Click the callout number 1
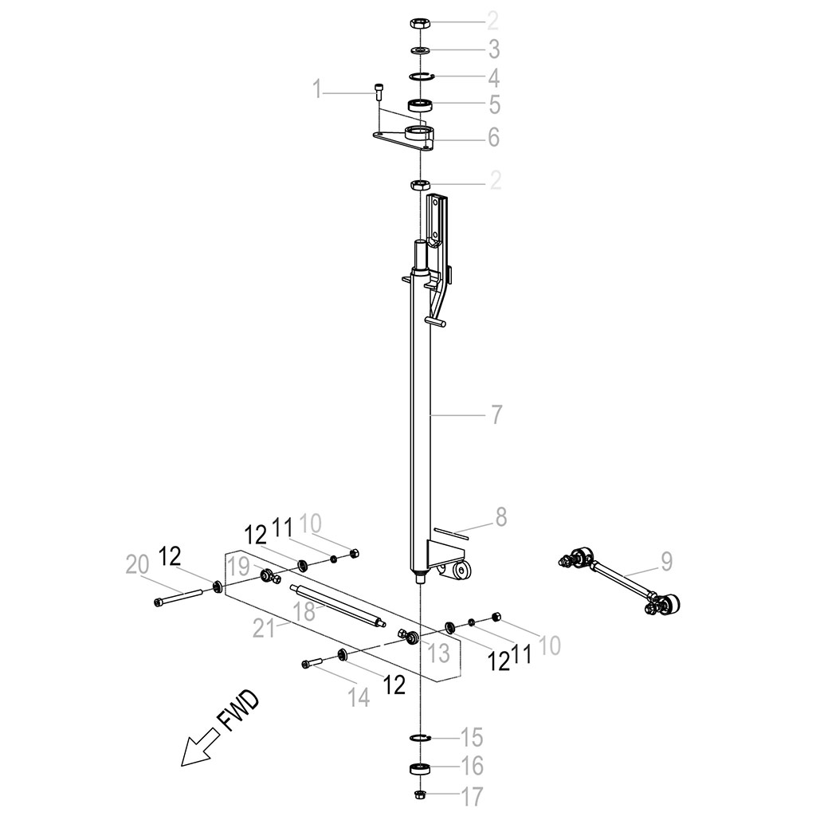point(317,89)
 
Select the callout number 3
point(493,49)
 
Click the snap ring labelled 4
point(422,77)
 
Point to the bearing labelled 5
point(421,104)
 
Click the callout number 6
point(493,137)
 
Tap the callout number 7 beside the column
point(496,414)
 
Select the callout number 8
point(500,517)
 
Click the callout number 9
point(667,562)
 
